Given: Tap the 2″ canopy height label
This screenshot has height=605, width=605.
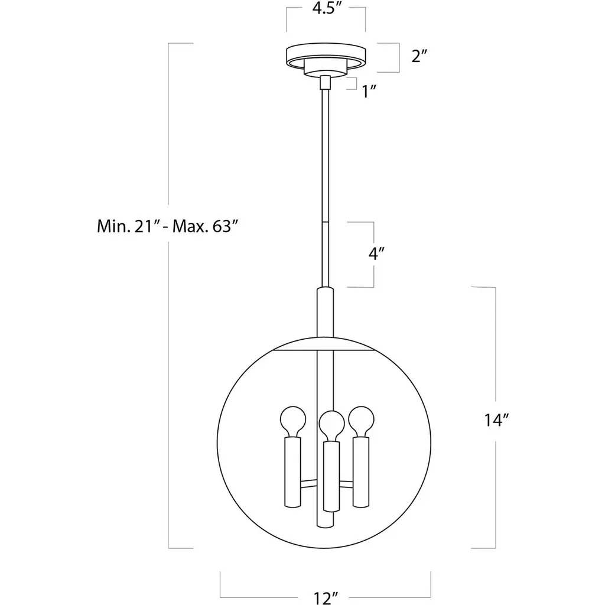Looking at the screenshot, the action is (420, 56).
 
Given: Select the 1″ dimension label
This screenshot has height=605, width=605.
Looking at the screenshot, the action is (369, 92).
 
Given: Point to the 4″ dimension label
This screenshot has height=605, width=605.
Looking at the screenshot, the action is (376, 254).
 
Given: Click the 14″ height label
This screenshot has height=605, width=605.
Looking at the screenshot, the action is (497, 420).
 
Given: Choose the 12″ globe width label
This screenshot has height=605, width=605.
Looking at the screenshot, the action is (326, 598).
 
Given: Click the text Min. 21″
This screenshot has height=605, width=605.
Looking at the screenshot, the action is (126, 226).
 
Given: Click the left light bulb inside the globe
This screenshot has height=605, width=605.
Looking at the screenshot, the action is (293, 421).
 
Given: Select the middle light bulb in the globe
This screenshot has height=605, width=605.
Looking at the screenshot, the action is (331, 426).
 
